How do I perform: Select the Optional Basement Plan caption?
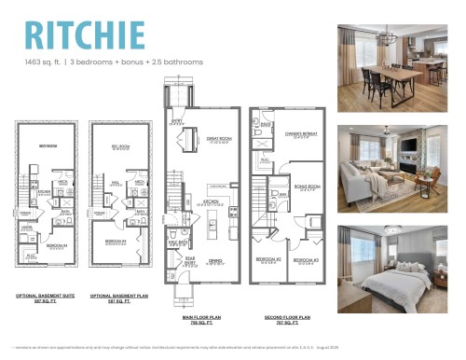pyautogui.click(x=116, y=298)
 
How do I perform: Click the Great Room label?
pyautogui.click(x=219, y=141)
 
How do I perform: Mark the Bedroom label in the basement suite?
pyautogui.click(x=41, y=146)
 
